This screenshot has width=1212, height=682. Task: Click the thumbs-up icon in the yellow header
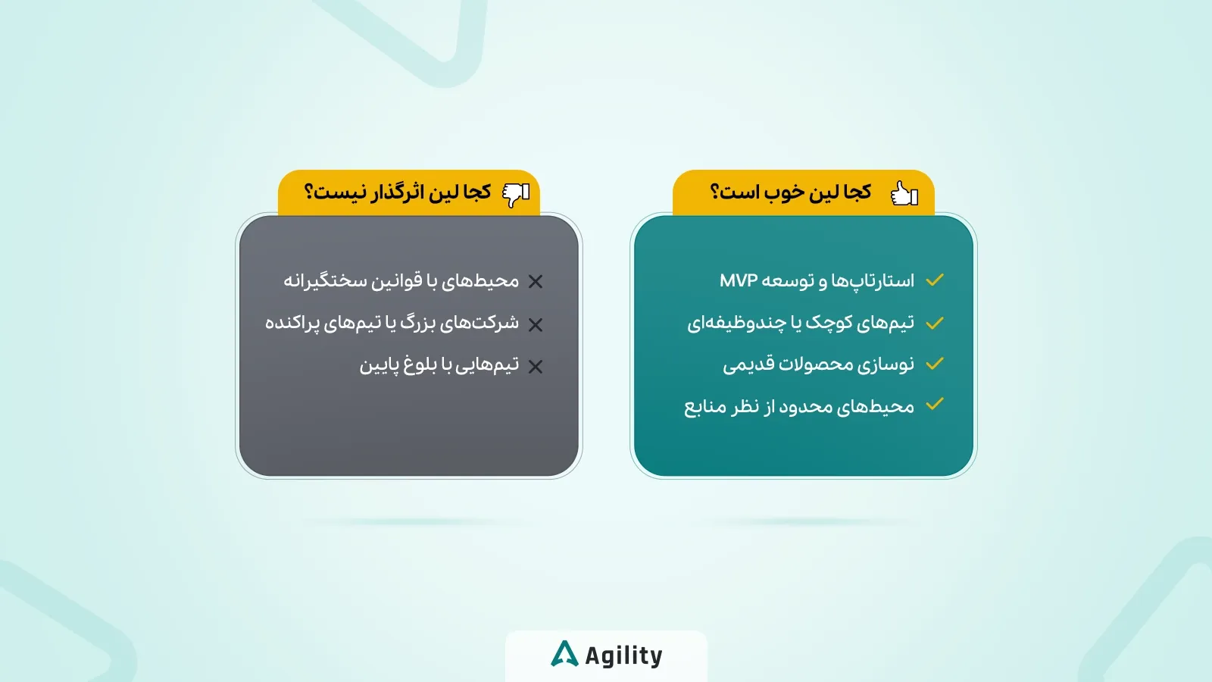point(904,193)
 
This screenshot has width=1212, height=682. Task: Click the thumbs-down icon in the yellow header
point(516,194)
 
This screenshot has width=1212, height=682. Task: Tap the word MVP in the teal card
point(739,280)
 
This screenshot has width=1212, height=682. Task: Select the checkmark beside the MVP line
point(935,280)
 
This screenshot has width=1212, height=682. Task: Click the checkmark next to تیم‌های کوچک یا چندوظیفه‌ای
point(935,323)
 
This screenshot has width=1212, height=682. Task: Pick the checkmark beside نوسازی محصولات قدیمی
point(935,364)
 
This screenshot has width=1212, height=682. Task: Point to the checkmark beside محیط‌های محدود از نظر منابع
point(935,404)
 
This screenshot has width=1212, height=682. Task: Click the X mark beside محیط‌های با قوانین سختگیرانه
point(536,282)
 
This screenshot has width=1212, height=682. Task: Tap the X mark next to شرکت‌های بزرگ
point(536,325)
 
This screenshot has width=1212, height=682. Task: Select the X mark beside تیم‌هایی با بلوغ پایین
point(536,367)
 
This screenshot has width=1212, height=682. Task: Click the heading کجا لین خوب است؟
point(791,192)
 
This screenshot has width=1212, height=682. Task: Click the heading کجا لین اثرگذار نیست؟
point(398,192)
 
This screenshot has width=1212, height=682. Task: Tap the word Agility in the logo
point(623,655)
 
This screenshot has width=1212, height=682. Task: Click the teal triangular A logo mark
point(564,654)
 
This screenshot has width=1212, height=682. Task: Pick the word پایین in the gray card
point(379,366)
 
